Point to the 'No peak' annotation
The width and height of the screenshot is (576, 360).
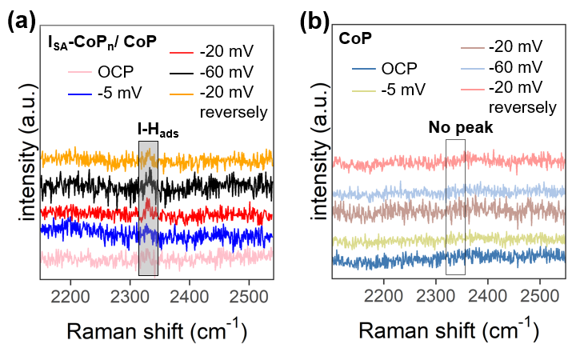pyautogui.click(x=455, y=127)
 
